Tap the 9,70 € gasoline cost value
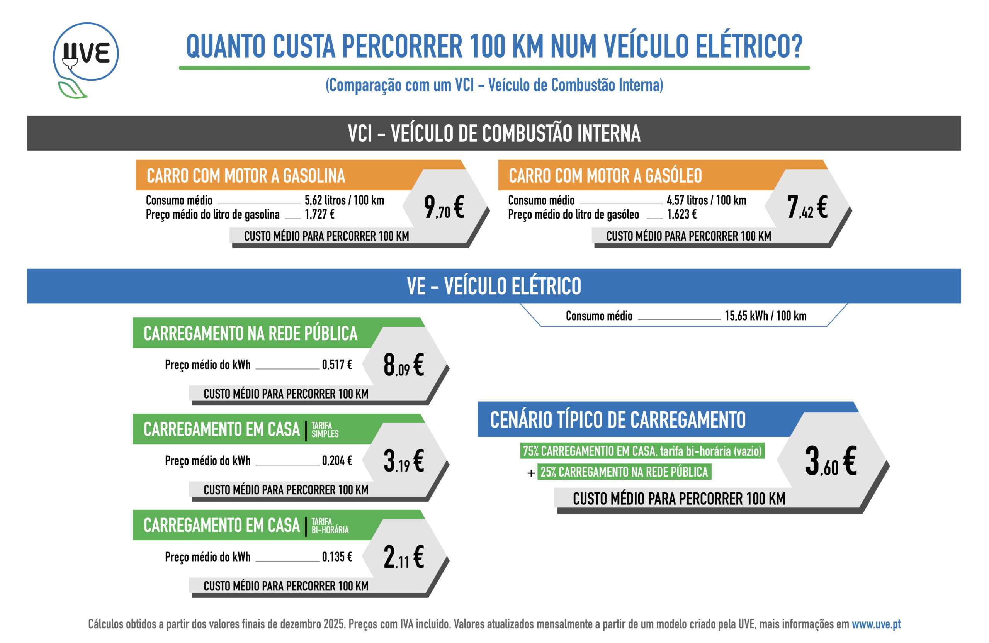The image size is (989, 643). click(x=444, y=207)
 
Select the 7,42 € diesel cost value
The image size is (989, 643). click(x=807, y=207)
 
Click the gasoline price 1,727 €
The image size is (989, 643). click(x=319, y=214)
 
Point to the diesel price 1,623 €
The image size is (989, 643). click(x=681, y=214)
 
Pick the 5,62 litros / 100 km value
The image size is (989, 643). click(x=344, y=200)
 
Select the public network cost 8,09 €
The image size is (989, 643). click(x=403, y=365)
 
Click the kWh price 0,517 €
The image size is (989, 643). click(x=336, y=365)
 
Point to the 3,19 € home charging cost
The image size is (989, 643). click(x=403, y=461)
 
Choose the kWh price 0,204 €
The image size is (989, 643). click(x=336, y=461)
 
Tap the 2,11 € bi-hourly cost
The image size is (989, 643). click(x=403, y=557)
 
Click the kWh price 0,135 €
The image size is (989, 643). click(x=336, y=556)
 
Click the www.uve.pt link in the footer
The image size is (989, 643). click(x=876, y=624)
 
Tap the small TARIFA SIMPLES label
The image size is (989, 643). click(x=325, y=430)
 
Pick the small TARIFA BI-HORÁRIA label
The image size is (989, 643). click(x=330, y=526)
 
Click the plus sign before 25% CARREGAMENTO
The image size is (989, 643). click(x=531, y=473)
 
